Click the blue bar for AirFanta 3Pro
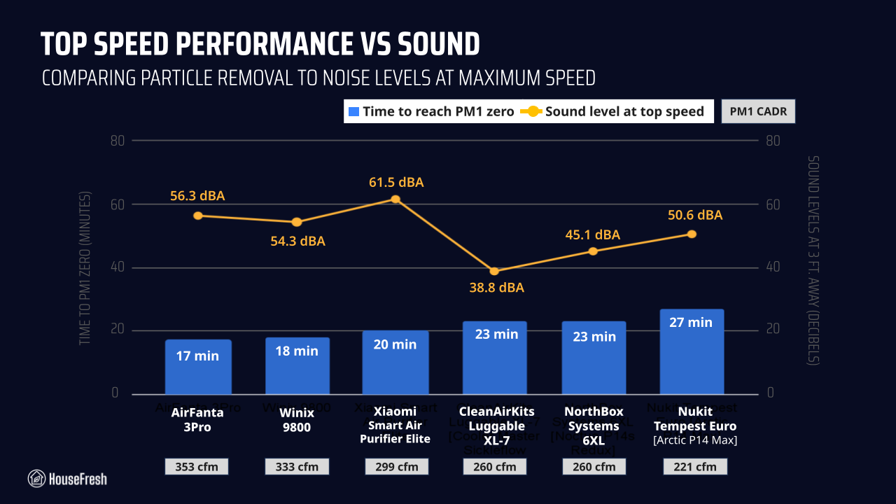[198, 367]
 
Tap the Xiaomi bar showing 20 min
[395, 362]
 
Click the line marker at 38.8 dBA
[494, 271]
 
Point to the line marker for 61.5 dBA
[395, 199]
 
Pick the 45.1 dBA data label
[592, 234]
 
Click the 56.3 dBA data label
[197, 196]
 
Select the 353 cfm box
[198, 467]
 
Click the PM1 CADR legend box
[758, 111]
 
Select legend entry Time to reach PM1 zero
[431, 111]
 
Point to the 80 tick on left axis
[117, 141]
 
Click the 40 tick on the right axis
[773, 267]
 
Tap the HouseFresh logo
[67, 479]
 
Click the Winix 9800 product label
[297, 419]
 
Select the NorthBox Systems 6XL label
[593, 426]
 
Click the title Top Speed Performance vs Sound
[260, 44]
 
